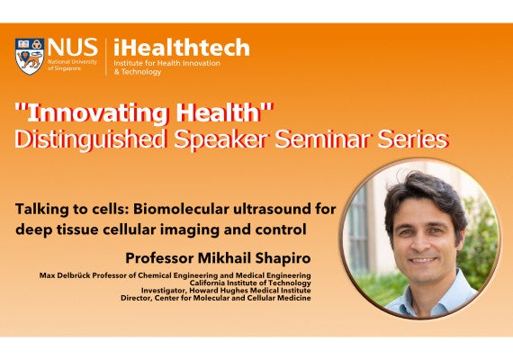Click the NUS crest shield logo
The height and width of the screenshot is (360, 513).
click(x=30, y=56)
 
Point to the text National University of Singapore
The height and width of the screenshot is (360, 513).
click(x=72, y=65)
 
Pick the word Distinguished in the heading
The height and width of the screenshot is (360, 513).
click(x=89, y=140)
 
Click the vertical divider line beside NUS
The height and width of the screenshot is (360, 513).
click(x=105, y=56)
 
